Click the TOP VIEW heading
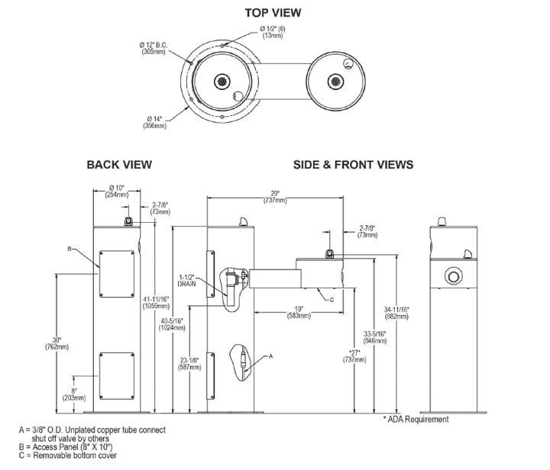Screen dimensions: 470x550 (273, 12)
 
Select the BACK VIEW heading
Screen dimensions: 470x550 (119, 164)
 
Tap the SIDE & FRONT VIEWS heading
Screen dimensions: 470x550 (353, 164)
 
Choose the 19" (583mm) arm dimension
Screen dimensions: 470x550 (298, 312)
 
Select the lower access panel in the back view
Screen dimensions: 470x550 (117, 375)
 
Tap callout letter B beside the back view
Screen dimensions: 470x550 (70, 249)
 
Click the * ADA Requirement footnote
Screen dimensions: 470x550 (416, 419)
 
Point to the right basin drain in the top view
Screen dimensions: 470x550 (335, 81)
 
